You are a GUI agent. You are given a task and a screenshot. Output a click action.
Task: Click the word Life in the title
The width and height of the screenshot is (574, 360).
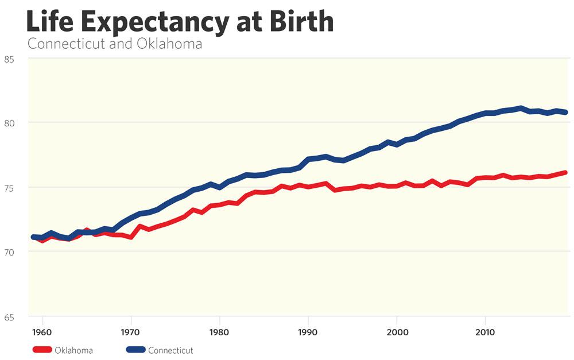(50, 22)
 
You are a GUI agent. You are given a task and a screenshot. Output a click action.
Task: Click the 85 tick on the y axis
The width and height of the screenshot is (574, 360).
(9, 59)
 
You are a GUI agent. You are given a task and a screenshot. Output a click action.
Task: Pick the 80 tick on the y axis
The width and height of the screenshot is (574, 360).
(9, 122)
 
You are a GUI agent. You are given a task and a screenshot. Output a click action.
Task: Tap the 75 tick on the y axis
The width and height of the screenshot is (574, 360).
(9, 187)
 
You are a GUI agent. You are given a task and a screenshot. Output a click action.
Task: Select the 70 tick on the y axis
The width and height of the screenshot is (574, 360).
(9, 251)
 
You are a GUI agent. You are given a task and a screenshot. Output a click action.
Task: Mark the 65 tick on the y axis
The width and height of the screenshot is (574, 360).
(9, 316)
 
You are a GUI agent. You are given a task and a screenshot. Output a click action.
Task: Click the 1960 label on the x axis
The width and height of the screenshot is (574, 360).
(43, 332)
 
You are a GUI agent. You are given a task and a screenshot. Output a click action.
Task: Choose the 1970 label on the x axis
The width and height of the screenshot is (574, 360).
(131, 332)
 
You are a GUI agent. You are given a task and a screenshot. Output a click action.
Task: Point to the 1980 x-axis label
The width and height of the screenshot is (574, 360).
(220, 332)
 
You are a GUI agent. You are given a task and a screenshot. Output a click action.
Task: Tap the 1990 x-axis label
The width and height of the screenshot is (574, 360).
(308, 332)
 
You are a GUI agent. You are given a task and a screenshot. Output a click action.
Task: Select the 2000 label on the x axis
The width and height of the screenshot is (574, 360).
(397, 332)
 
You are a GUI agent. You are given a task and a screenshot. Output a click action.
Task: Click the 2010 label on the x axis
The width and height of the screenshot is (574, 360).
(485, 332)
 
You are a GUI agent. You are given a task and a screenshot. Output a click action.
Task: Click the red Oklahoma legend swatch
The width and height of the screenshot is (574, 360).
(41, 350)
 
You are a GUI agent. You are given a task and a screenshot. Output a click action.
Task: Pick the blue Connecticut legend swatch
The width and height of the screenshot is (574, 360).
(135, 350)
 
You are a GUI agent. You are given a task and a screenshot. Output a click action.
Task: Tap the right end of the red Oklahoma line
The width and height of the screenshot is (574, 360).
(565, 172)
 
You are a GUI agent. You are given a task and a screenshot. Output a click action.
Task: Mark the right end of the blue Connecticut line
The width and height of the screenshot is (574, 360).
(565, 112)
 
